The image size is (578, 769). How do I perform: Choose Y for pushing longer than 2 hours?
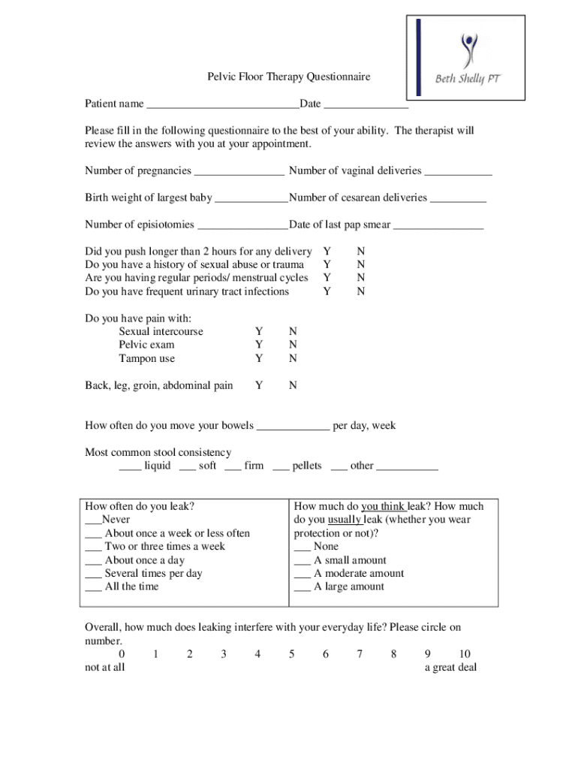pyautogui.click(x=327, y=251)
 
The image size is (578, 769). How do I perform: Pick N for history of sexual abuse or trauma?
pyautogui.click(x=361, y=264)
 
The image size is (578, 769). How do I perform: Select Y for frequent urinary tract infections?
pyautogui.click(x=327, y=291)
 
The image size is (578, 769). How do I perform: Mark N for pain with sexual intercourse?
pyautogui.click(x=293, y=331)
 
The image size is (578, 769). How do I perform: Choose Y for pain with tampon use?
pyautogui.click(x=259, y=358)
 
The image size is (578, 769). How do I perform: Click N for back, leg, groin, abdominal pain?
pyautogui.click(x=293, y=385)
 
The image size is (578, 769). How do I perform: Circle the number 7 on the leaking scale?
pyautogui.click(x=360, y=654)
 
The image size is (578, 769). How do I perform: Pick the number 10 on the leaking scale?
pyautogui.click(x=464, y=654)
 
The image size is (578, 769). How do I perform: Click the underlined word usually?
pyautogui.click(x=345, y=520)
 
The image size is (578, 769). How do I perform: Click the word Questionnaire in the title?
pyautogui.click(x=335, y=77)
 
